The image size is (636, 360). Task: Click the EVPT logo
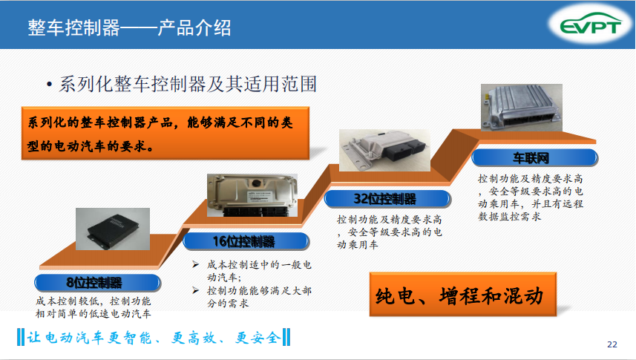pos(591,25)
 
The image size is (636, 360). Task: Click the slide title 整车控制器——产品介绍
pos(129,27)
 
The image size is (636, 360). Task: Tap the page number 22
pos(612,344)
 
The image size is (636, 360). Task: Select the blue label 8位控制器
pos(97,283)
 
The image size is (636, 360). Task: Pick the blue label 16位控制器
pos(246,241)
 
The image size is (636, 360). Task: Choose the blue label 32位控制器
pos(387,199)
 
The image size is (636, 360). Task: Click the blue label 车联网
pos(534,157)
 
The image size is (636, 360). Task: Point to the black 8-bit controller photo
pos(113,229)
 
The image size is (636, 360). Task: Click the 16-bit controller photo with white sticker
pos(252,195)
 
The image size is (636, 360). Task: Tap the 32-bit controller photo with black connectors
pos(384,150)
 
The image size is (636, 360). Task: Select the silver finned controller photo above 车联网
pos(522,108)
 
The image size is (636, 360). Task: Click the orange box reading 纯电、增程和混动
pos(463,295)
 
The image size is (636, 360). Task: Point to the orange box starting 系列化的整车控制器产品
pos(165,134)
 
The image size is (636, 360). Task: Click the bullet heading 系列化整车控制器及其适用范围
pos(188,85)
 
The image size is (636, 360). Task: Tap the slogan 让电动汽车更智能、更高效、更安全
pos(154,338)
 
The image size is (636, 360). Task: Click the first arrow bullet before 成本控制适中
pos(195,265)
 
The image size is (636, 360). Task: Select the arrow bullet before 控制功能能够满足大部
pos(195,290)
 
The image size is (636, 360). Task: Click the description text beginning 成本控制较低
pos(94,307)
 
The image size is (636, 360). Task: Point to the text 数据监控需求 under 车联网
pos(509,216)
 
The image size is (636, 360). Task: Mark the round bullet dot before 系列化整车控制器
pos(49,85)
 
